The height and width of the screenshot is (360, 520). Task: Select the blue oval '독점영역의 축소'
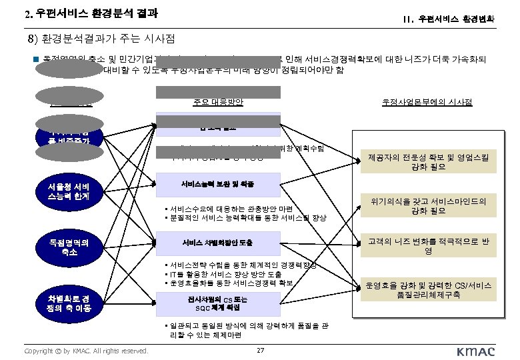(x=70, y=247)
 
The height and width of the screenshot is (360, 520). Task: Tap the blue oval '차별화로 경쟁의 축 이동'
(x=70, y=303)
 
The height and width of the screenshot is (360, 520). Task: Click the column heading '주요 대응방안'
(x=218, y=102)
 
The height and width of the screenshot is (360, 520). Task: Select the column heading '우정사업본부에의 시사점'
(x=427, y=102)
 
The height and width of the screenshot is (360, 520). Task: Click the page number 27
(x=261, y=351)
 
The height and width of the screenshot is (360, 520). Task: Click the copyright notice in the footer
(x=85, y=351)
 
